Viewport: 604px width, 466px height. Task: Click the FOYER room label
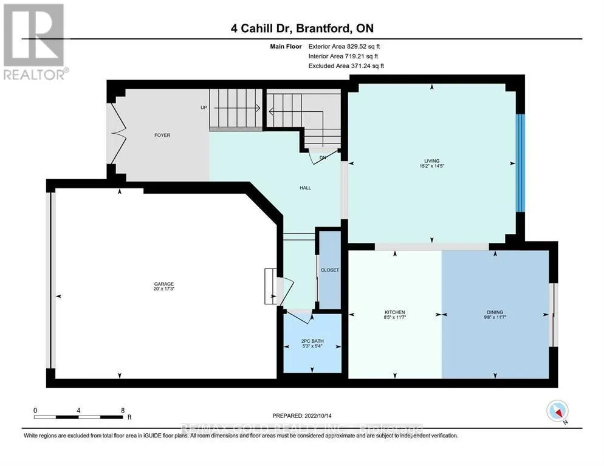point(162,135)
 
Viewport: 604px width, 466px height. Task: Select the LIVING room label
point(432,161)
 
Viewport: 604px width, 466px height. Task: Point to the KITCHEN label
point(395,312)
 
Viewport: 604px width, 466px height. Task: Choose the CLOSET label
point(330,270)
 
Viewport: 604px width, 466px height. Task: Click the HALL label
point(305,188)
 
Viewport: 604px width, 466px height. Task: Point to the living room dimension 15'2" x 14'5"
point(432,166)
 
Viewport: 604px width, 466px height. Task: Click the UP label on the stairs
point(204,108)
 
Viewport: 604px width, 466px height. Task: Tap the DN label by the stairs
point(323,157)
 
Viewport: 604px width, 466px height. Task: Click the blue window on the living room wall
point(520,163)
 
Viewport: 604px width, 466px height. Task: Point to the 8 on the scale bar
point(123,410)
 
